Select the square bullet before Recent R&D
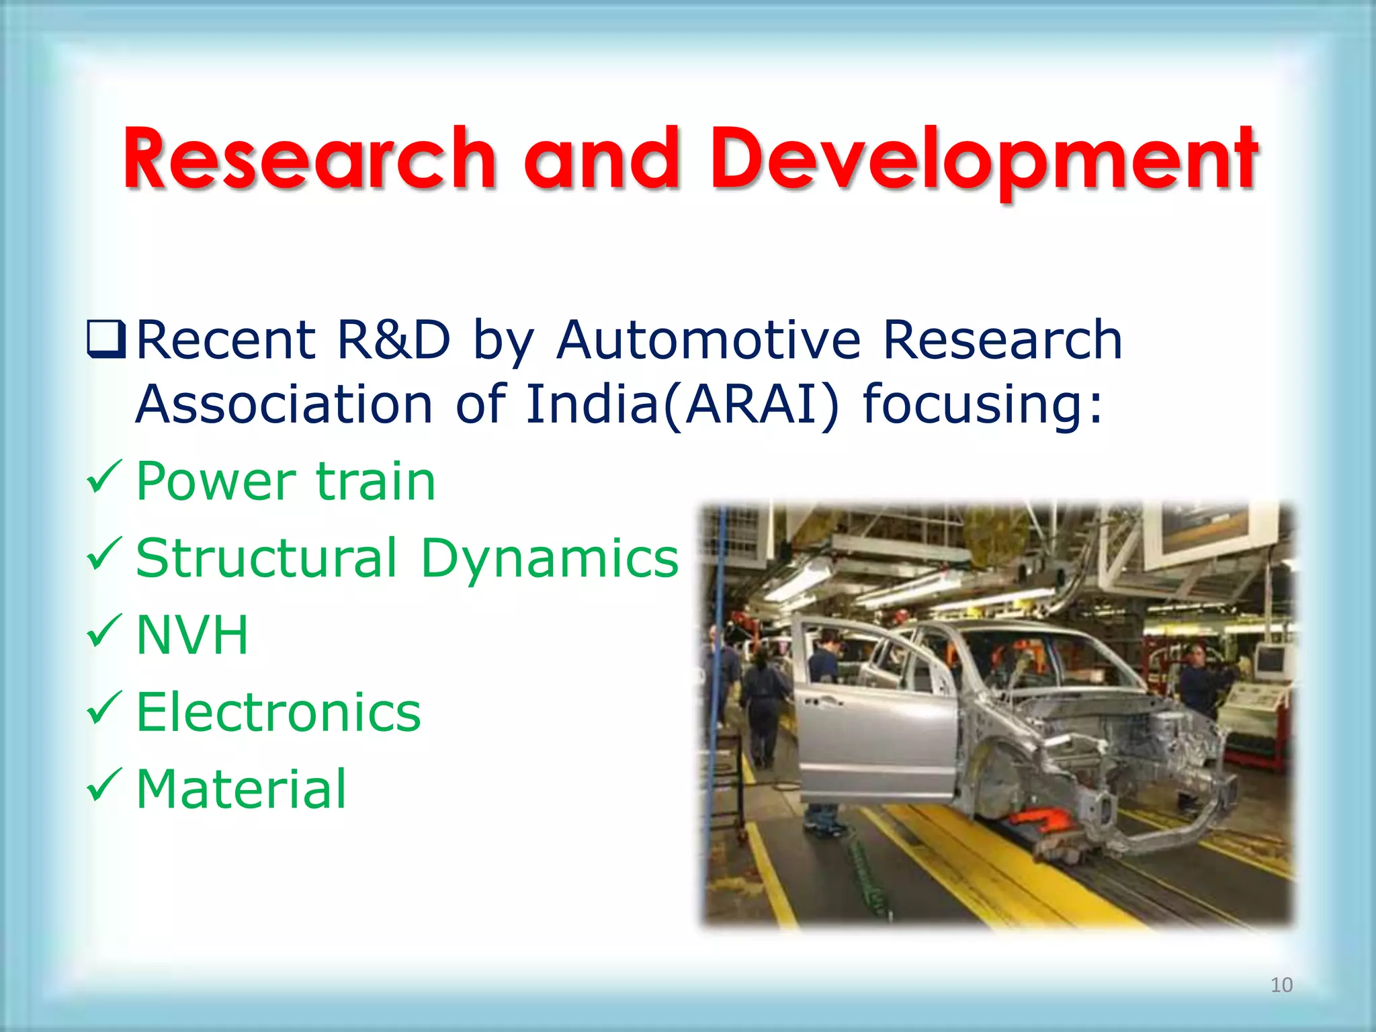coord(106,340)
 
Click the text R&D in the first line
coord(393,340)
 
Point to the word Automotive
coord(708,340)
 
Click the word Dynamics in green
coord(550,558)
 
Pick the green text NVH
coord(192,635)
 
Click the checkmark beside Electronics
coord(104,709)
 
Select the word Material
coord(241,789)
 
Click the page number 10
coord(1281,985)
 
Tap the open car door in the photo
coord(873,726)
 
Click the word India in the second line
coord(591,404)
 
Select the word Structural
coord(266,558)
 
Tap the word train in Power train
coord(376,481)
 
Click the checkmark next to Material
coord(104,786)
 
